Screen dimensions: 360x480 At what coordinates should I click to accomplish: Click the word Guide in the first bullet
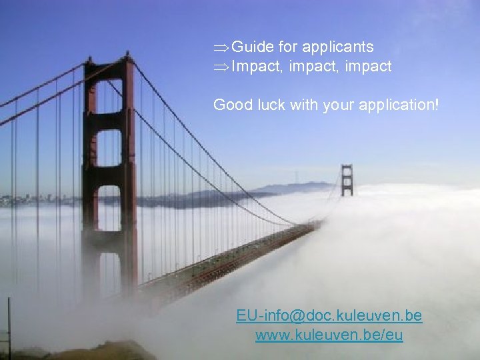tap(253, 47)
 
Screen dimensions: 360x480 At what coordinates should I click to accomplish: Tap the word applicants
tap(337, 47)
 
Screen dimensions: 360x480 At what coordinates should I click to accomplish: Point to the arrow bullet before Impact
tap(221, 67)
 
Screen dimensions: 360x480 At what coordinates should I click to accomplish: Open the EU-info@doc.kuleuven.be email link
tap(329, 315)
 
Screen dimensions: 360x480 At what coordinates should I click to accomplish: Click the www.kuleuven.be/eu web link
tap(329, 335)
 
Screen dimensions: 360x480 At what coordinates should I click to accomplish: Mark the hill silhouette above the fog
tap(293, 187)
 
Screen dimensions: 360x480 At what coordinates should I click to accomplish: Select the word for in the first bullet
tap(288, 47)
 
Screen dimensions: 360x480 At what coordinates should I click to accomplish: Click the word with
tap(304, 105)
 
